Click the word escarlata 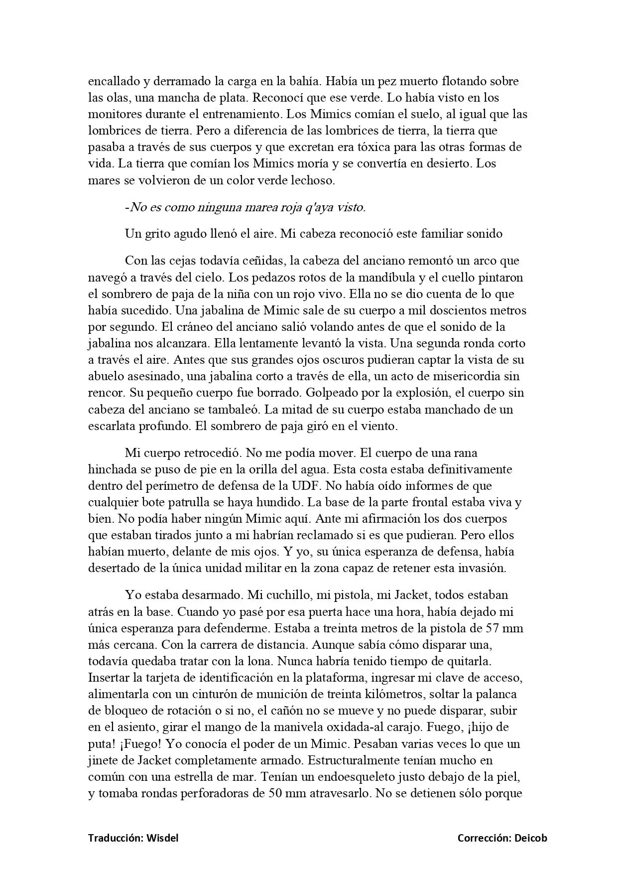click(113, 426)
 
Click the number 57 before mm click(488, 628)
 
